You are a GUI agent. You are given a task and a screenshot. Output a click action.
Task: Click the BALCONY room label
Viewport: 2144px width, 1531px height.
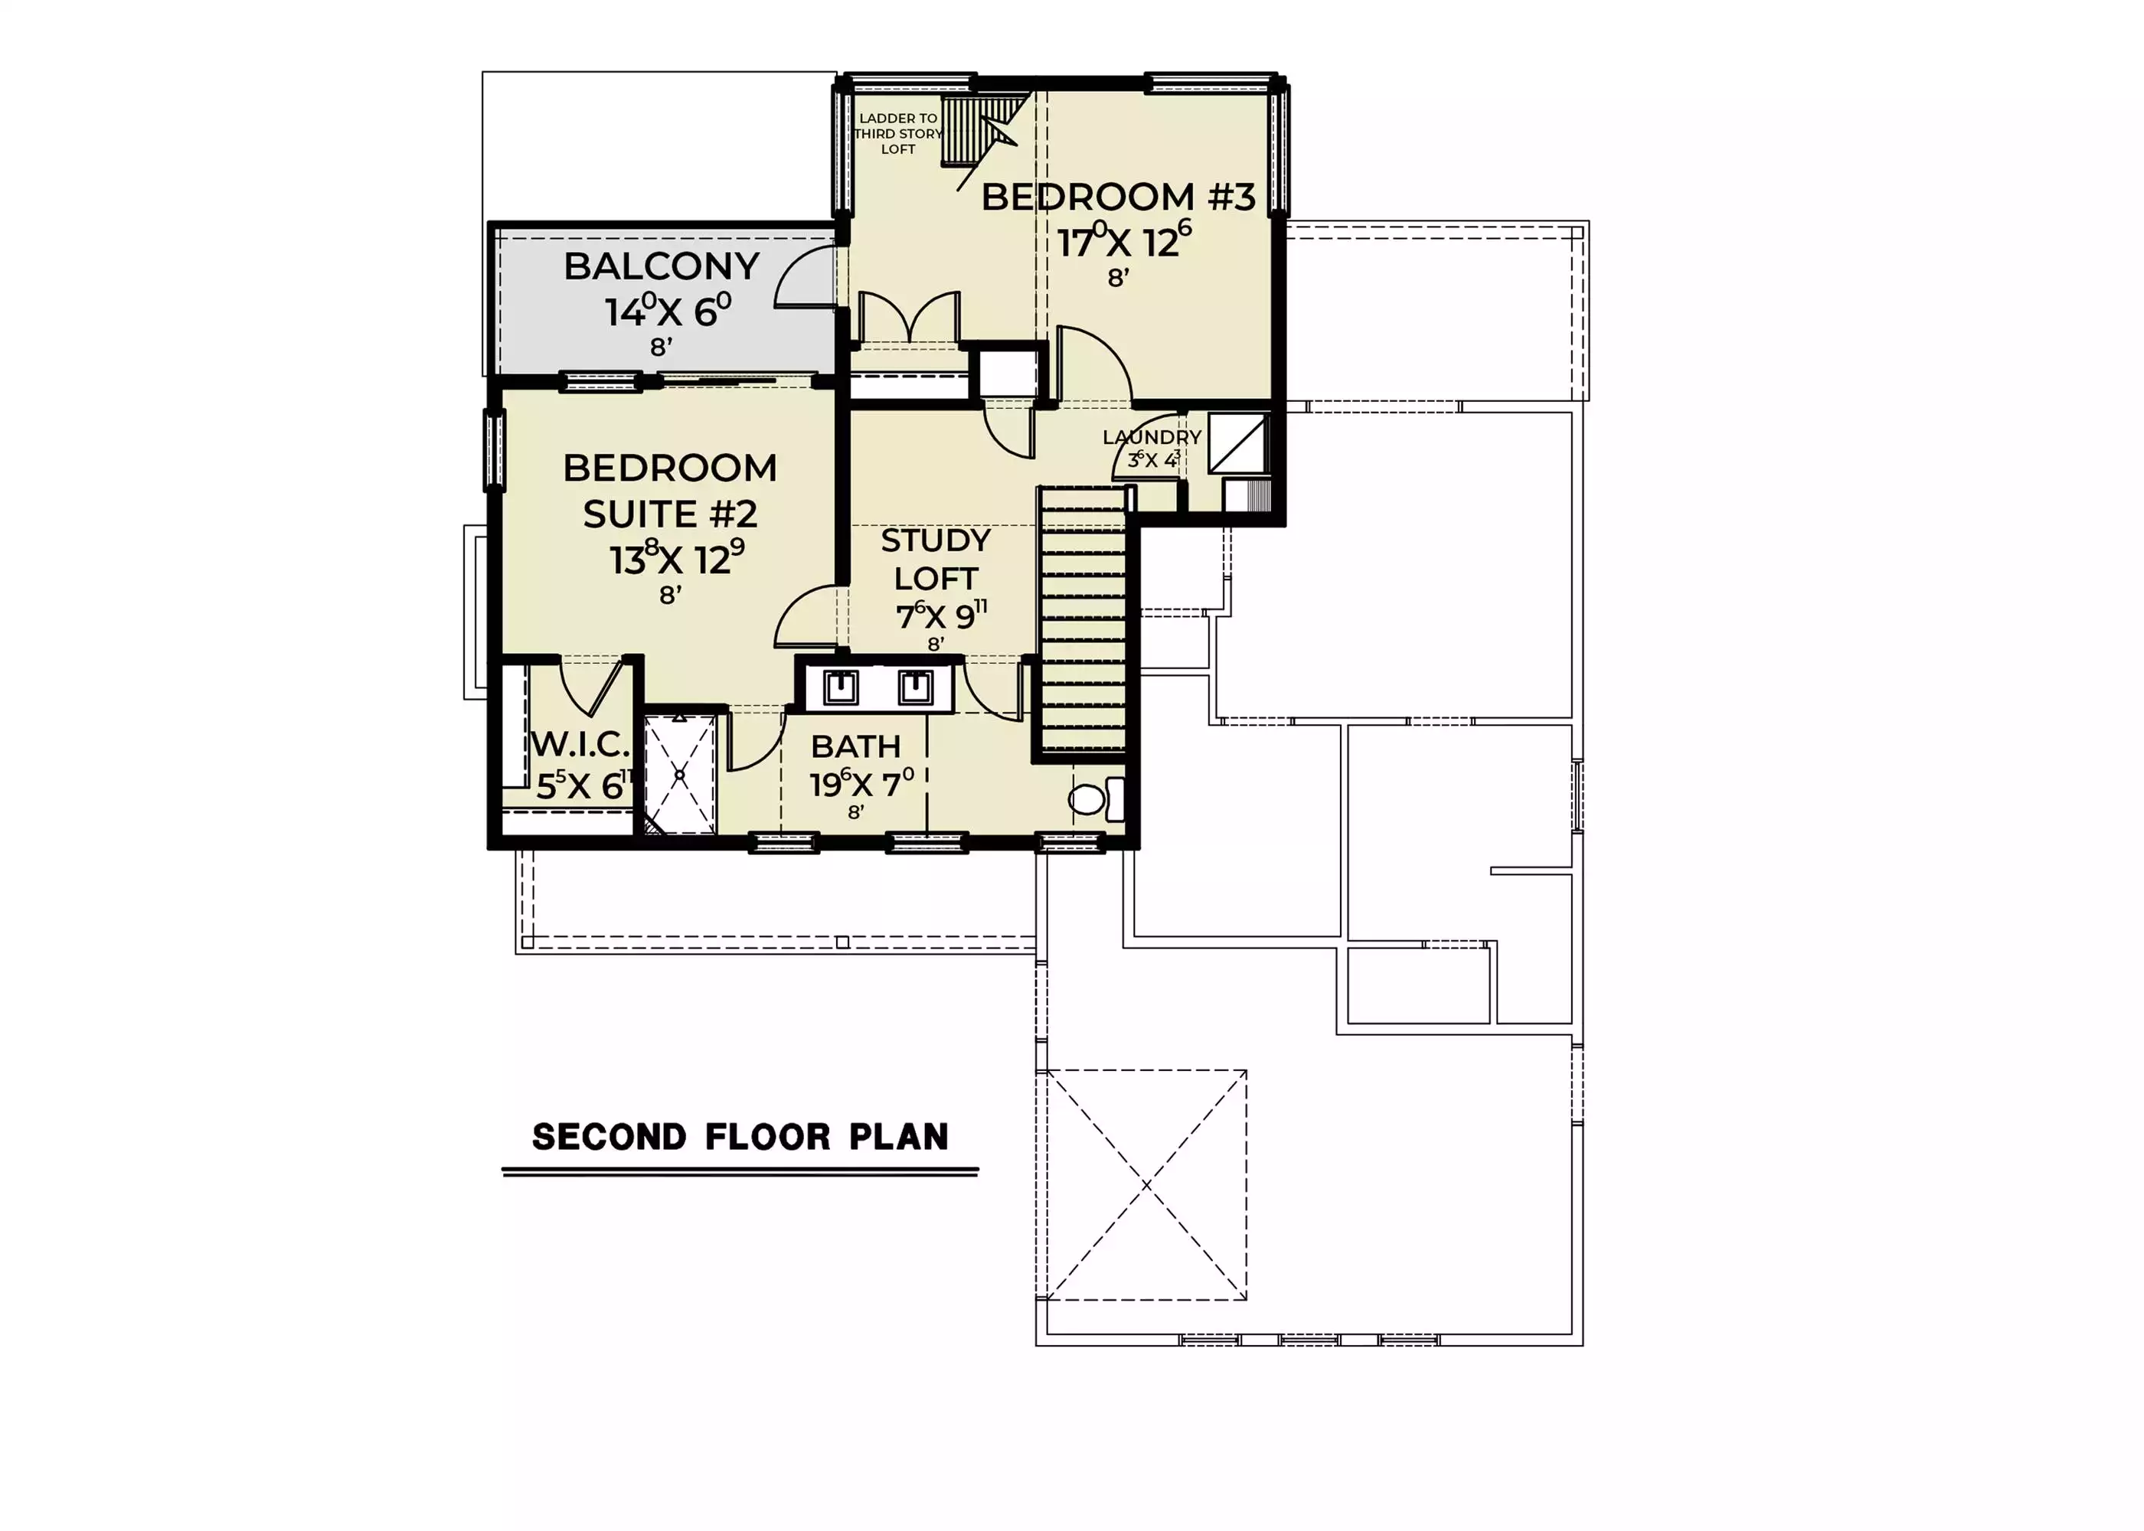tap(661, 267)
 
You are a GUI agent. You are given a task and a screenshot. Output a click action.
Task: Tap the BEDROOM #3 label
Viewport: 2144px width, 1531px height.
tap(1118, 197)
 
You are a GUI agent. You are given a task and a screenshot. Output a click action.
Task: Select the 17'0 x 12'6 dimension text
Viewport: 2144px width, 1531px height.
tap(1124, 240)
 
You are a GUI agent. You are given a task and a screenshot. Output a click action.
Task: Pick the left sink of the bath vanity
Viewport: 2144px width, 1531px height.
tap(840, 687)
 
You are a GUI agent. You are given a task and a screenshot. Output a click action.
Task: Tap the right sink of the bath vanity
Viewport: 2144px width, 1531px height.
tap(914, 687)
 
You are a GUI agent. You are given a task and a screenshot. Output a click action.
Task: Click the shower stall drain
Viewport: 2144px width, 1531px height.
tap(680, 775)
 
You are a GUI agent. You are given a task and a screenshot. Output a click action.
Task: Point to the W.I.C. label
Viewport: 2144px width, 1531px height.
tap(580, 745)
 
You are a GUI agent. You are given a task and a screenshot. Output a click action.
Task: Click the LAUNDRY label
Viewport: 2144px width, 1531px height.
tap(1151, 437)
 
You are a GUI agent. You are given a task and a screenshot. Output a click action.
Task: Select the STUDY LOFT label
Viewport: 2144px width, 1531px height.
tap(935, 559)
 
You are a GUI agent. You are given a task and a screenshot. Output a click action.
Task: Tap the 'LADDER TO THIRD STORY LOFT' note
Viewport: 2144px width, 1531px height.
tap(897, 134)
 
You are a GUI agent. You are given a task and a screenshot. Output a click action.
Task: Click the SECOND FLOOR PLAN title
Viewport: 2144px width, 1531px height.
tap(740, 1137)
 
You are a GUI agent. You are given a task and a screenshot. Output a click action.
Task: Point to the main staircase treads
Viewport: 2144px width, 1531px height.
tap(1083, 622)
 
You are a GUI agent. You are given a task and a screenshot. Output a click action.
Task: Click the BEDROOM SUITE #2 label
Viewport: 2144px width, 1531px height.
tap(669, 490)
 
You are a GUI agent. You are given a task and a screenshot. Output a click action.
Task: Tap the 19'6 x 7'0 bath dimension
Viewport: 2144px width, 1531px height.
tap(861, 782)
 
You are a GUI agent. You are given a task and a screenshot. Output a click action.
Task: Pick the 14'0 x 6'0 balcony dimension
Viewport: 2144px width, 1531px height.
tap(668, 310)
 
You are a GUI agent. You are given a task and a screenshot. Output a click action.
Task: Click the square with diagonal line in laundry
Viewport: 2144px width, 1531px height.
tap(1238, 443)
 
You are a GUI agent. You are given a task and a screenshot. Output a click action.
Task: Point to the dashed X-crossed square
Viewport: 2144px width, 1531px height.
tap(1146, 1185)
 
